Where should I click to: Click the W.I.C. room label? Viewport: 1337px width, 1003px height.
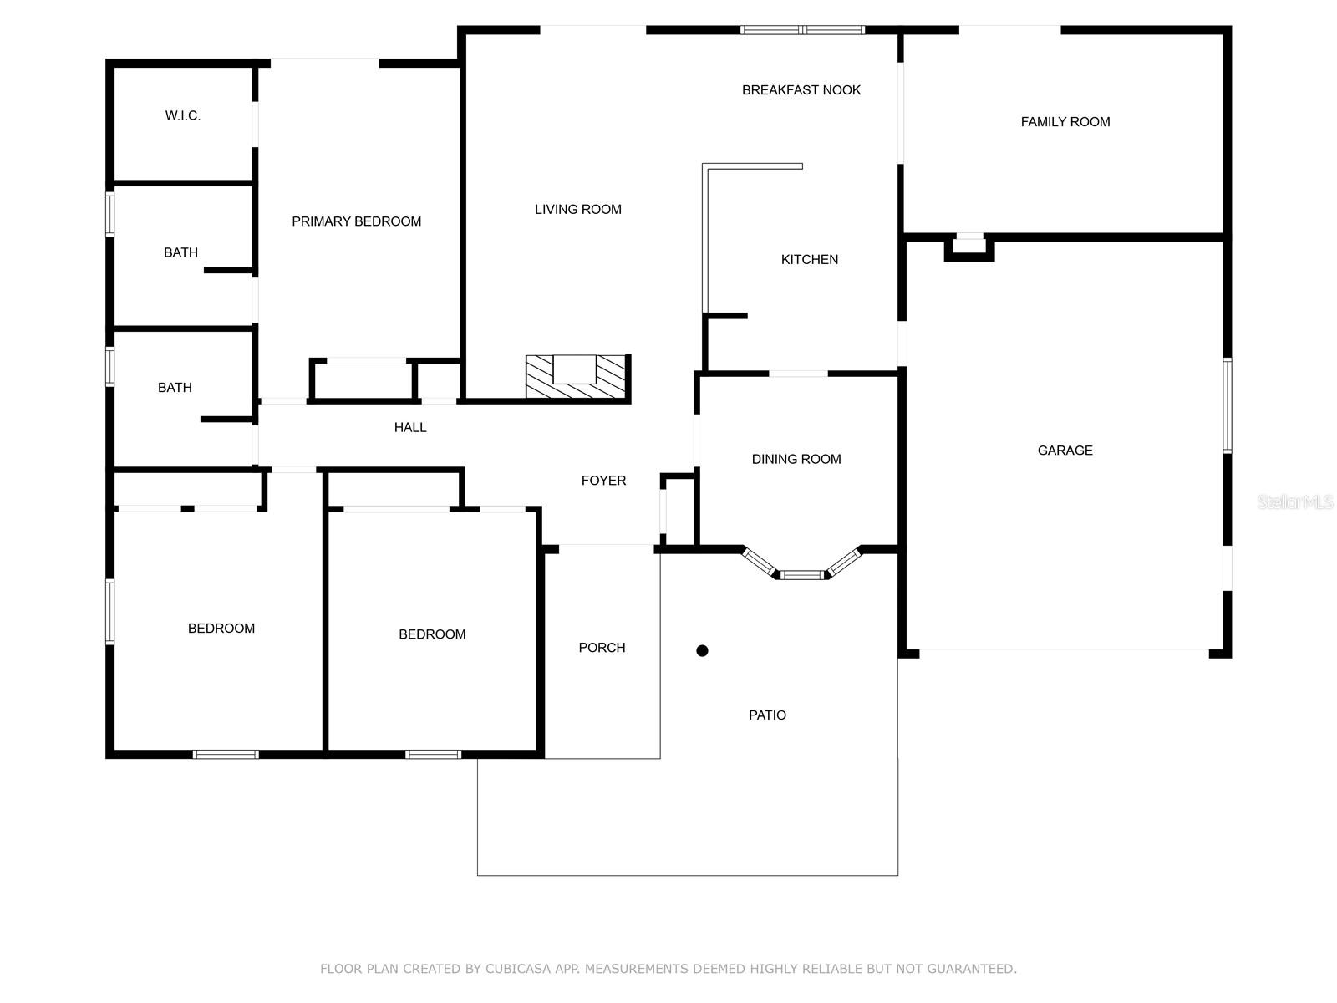(182, 115)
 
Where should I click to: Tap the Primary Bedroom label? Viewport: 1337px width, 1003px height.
(356, 221)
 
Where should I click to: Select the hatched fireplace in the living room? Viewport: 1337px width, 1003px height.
(576, 376)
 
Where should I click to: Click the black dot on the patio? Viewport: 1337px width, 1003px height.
(702, 650)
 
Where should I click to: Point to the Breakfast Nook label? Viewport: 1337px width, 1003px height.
(801, 90)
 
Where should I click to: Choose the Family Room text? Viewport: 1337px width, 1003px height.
(1065, 122)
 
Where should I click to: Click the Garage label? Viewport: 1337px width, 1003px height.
(1065, 451)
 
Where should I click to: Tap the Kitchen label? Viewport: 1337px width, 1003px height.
(809, 260)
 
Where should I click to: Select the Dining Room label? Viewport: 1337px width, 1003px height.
(796, 459)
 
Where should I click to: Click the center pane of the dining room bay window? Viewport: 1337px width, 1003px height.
(801, 575)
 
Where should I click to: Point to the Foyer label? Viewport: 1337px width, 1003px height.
(603, 481)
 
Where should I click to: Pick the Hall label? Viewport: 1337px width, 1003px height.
(410, 428)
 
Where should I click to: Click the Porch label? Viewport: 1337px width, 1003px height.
(602, 648)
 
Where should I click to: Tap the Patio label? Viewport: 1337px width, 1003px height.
(766, 715)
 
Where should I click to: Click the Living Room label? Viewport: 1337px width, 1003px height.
(577, 210)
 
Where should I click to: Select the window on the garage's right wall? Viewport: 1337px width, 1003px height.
(1227, 405)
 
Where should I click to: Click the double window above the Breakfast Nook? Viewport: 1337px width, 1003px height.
(802, 30)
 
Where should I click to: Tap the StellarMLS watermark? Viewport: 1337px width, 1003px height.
(1294, 501)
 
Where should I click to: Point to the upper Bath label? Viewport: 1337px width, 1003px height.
(180, 252)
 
